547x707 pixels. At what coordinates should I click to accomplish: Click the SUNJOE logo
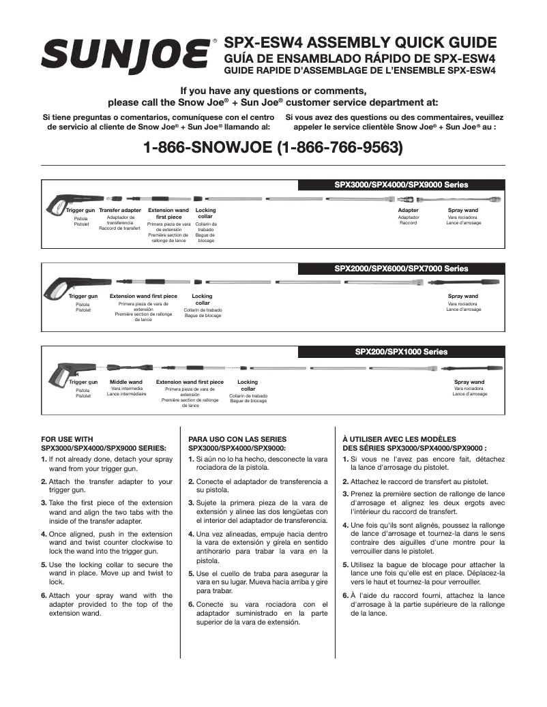coord(127,54)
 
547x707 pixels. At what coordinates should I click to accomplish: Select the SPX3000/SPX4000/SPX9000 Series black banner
coord(401,185)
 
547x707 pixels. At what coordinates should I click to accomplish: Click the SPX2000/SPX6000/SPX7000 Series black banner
coord(401,269)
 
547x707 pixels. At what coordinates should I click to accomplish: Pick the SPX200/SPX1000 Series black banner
coord(401,352)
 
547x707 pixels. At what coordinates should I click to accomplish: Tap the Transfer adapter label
coord(120,211)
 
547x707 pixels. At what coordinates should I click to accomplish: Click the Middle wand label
coord(126,382)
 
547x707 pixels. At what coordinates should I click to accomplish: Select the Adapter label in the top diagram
coord(408,211)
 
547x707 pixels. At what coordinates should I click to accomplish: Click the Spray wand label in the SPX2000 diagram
coord(463,297)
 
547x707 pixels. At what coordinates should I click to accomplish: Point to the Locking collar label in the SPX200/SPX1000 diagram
coord(248,385)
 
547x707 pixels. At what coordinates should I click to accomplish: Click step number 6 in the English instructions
coord(44,595)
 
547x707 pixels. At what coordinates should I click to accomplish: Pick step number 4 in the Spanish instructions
coord(191,534)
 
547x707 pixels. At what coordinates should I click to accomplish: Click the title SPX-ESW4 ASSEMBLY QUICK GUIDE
coord(360,42)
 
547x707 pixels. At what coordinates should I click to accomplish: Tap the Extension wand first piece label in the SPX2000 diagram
coord(143,297)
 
